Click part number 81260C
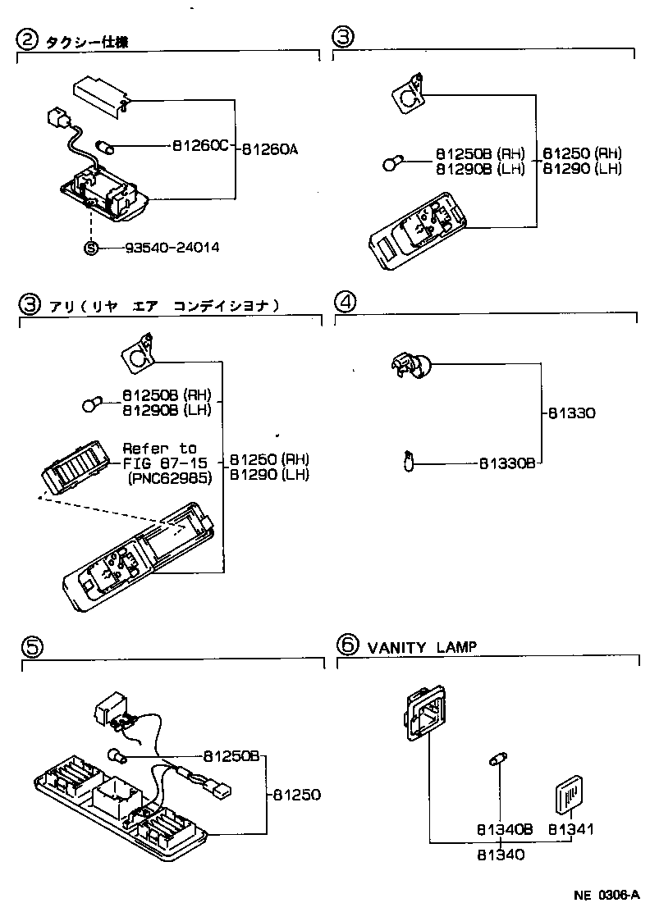[x=199, y=146]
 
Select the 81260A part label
[x=271, y=149]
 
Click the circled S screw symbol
[x=92, y=247]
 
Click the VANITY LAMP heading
[x=421, y=647]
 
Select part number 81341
[x=571, y=830]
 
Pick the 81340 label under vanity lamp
[x=501, y=854]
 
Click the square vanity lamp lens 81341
[x=570, y=793]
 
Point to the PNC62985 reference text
[x=170, y=479]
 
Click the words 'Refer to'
[x=160, y=449]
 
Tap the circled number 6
[x=348, y=645]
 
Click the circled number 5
[x=31, y=648]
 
